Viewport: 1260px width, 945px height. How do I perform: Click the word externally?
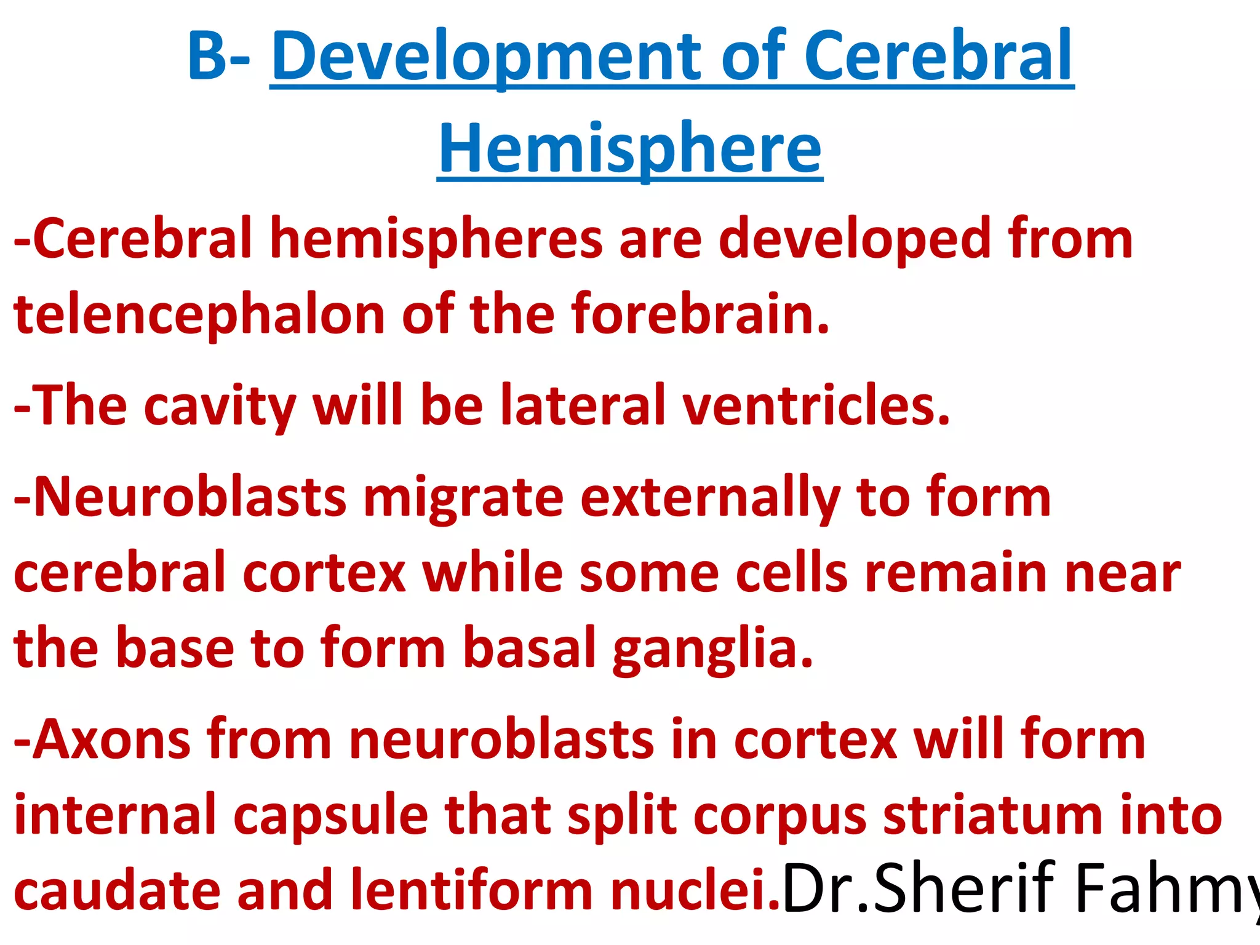tap(710, 498)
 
